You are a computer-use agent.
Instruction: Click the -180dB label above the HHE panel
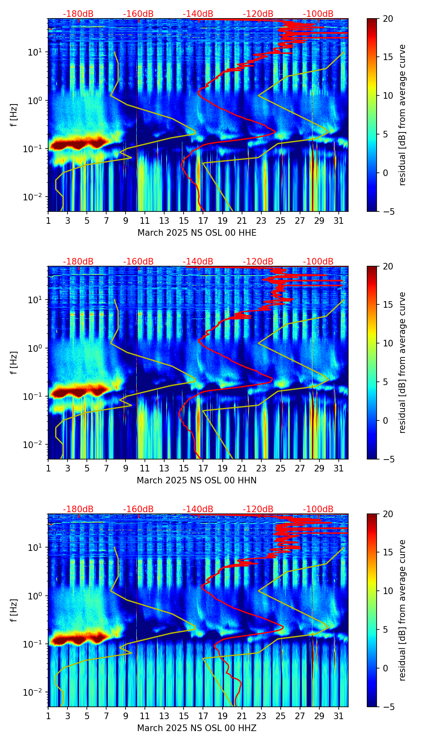pyautogui.click(x=78, y=14)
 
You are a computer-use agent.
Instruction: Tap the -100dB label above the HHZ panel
pyautogui.click(x=318, y=509)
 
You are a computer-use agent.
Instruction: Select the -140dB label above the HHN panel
pyautogui.click(x=198, y=262)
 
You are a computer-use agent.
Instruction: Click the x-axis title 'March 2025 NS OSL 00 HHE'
pyautogui.click(x=197, y=233)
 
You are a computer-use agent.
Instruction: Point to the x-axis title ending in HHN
pyautogui.click(x=197, y=481)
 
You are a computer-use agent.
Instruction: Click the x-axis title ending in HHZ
pyautogui.click(x=197, y=728)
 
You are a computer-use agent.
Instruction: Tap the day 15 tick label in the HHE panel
pyautogui.click(x=184, y=221)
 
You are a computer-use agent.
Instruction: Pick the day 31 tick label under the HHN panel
pyautogui.click(x=338, y=469)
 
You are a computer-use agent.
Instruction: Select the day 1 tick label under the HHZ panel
pyautogui.click(x=48, y=716)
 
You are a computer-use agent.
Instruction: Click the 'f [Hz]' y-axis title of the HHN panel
pyautogui.click(x=14, y=362)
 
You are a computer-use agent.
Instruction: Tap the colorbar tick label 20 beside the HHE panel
pyautogui.click(x=388, y=19)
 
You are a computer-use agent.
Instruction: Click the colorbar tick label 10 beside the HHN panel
pyautogui.click(x=388, y=343)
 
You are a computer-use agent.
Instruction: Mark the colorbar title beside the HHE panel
pyautogui.click(x=402, y=115)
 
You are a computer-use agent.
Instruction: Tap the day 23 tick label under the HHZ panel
pyautogui.click(x=261, y=716)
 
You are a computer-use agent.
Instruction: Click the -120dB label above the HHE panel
pyautogui.click(x=258, y=14)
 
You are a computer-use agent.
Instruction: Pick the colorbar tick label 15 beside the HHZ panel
pyautogui.click(x=388, y=552)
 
